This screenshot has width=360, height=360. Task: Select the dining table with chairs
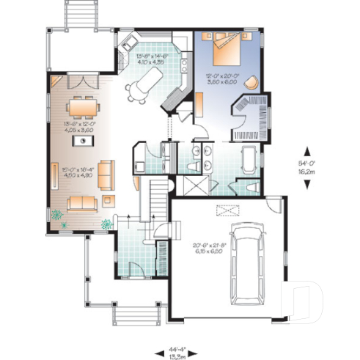(x=86, y=109)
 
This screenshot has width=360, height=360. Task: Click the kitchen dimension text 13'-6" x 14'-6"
(x=151, y=59)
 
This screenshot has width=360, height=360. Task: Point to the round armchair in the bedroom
(x=253, y=82)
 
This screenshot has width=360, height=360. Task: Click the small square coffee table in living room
(x=109, y=197)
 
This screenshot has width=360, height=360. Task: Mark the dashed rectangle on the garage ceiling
(x=224, y=211)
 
